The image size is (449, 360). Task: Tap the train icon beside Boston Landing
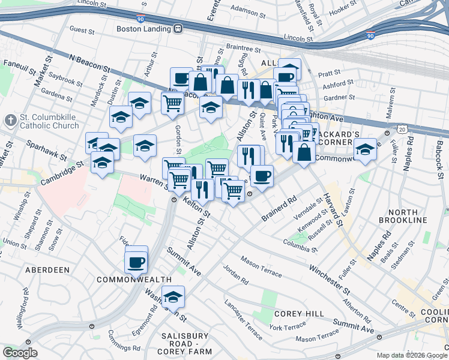(x=178, y=28)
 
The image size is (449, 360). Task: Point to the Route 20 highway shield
(x=402, y=130)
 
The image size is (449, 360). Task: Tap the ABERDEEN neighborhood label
(x=47, y=270)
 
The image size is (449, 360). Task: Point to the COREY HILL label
(x=299, y=314)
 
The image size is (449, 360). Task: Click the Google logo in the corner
(x=20, y=353)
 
